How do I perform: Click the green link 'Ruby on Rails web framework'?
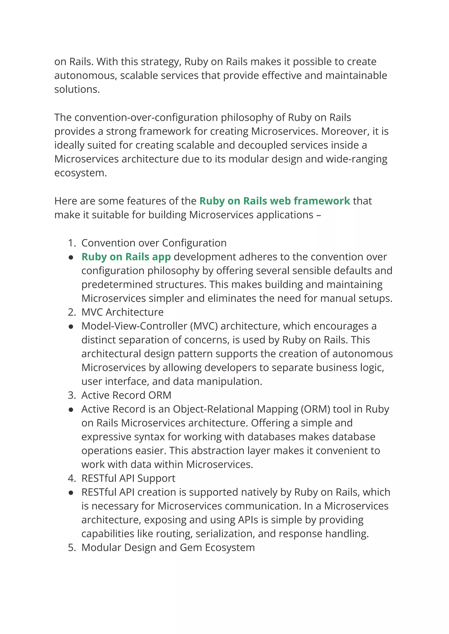coord(274,201)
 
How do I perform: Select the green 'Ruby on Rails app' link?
coord(126,257)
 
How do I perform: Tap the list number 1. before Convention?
coord(72,243)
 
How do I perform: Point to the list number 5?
coord(72,547)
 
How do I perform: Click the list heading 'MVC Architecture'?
coord(123,312)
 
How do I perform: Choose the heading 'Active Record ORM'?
coord(126,395)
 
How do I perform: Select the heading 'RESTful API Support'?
coord(128,478)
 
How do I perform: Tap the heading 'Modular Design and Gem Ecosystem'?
coord(168,547)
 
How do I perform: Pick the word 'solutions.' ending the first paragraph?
coord(77,89)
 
